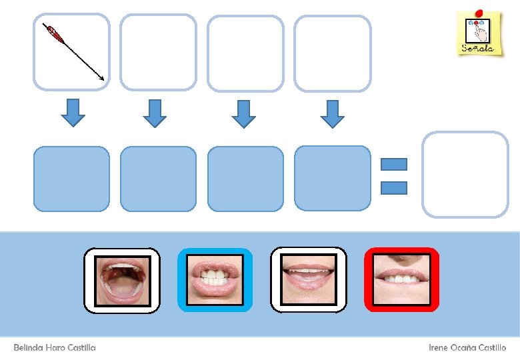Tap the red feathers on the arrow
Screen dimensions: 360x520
pos(54,33)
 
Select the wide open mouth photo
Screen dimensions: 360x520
pos(121,280)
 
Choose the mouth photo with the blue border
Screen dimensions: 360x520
pos(215,280)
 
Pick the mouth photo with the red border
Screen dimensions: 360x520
pos(401,280)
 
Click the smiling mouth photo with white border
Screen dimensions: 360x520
pos(308,280)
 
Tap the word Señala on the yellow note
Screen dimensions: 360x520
pos(478,48)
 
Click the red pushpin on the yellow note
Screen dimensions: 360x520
pos(478,11)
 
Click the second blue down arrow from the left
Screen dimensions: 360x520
pos(155,113)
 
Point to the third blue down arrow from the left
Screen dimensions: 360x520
pos(244,113)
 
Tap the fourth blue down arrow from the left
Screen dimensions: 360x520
pos(332,113)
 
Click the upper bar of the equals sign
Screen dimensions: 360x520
pos(393,164)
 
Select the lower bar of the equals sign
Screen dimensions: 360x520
pos(393,188)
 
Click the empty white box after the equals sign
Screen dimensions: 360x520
pos(465,174)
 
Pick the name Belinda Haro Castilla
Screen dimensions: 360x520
pos(55,348)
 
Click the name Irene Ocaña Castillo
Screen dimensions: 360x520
pos(467,348)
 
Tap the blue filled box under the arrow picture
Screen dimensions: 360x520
pos(71,179)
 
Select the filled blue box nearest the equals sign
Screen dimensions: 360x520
pos(332,179)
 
